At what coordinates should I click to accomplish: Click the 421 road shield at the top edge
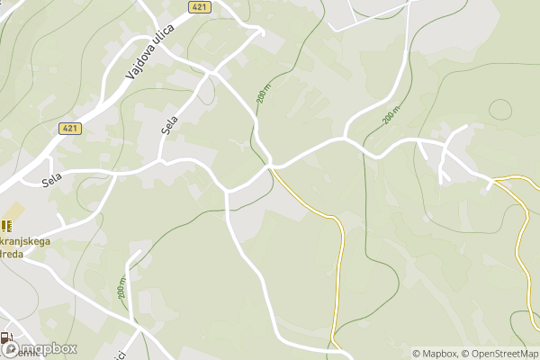[x=201, y=7]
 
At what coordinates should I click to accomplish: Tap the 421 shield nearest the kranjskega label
[x=70, y=129]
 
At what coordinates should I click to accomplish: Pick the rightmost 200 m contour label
[x=390, y=116]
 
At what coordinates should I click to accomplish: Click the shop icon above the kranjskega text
[x=6, y=225]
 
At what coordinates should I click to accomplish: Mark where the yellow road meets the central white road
[x=270, y=168]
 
